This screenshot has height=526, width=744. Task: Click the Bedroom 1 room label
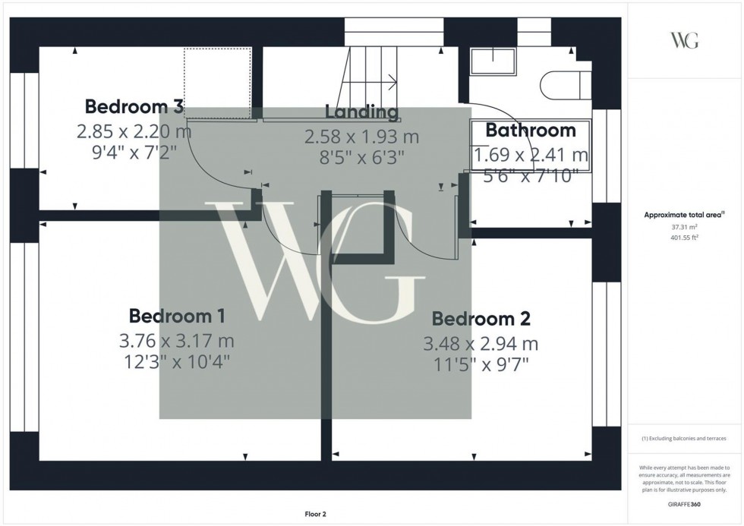pyautogui.click(x=177, y=316)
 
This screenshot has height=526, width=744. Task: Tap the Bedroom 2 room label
pyautogui.click(x=481, y=319)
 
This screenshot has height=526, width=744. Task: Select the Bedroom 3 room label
pyautogui.click(x=134, y=106)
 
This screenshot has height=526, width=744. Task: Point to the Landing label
pyautogui.click(x=361, y=112)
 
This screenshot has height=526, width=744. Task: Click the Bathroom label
pyautogui.click(x=531, y=131)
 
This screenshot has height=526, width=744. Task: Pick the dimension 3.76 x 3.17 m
pyautogui.click(x=177, y=340)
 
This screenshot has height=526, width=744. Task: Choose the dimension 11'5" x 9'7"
pyautogui.click(x=481, y=365)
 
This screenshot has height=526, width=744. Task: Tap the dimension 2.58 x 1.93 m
pyautogui.click(x=361, y=137)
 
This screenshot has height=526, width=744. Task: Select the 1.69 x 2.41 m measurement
pyautogui.click(x=531, y=156)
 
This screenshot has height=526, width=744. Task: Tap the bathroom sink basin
pyautogui.click(x=493, y=61)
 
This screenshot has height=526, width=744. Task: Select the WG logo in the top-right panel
pyautogui.click(x=685, y=40)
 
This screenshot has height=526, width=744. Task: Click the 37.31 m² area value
pyautogui.click(x=684, y=227)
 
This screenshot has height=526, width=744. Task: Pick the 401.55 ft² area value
pyautogui.click(x=684, y=238)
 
